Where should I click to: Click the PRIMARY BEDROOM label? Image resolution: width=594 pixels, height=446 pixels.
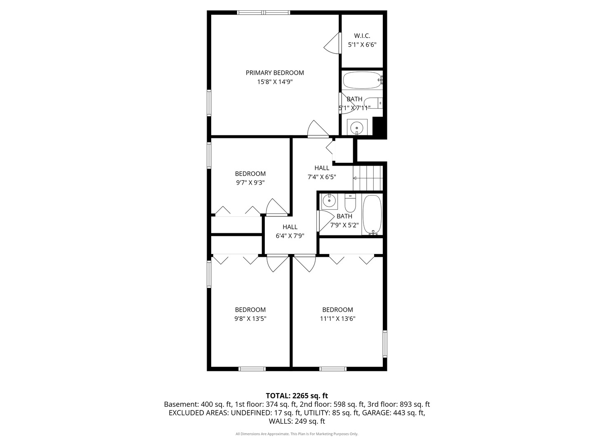(275, 73)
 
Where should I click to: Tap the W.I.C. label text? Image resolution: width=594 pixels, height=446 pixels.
(362, 36)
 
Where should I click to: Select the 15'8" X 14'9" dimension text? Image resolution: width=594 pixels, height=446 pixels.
(275, 82)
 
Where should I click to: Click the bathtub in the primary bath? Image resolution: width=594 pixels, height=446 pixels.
(362, 80)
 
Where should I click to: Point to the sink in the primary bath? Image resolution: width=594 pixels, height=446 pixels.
(357, 127)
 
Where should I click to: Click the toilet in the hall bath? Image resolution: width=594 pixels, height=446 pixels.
(350, 203)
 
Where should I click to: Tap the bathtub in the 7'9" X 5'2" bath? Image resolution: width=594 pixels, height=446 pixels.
(372, 214)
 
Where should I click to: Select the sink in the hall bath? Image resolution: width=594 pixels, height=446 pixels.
(329, 202)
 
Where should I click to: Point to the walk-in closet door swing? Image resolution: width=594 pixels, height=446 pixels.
(332, 44)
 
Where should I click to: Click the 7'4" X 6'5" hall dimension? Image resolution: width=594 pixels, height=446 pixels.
(322, 177)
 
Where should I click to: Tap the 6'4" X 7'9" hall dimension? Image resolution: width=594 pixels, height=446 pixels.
(290, 236)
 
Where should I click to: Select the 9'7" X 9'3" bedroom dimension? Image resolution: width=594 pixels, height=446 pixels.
(250, 183)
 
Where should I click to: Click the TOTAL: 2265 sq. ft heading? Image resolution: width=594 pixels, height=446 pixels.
(297, 396)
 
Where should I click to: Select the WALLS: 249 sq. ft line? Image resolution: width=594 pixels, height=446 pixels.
(297, 421)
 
